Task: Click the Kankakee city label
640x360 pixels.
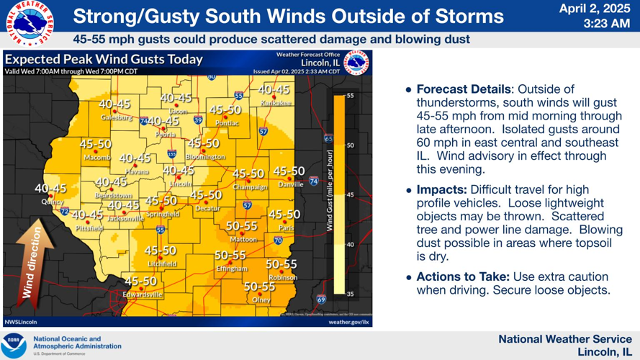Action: [275, 103]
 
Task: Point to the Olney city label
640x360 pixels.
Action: [261, 300]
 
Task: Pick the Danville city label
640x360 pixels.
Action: [290, 184]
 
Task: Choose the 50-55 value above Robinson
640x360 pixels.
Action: [281, 264]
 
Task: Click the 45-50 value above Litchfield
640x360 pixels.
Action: [160, 251]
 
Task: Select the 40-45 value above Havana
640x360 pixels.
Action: [135, 158]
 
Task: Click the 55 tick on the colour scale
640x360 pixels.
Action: [351, 95]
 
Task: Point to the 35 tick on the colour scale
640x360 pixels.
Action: [351, 294]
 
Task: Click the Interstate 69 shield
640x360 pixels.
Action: [321, 300]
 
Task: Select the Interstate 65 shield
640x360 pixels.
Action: [328, 139]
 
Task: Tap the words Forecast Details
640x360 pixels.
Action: [463, 89]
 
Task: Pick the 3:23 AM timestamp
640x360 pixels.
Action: [607, 24]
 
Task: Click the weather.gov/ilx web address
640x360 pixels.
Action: [348, 322]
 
